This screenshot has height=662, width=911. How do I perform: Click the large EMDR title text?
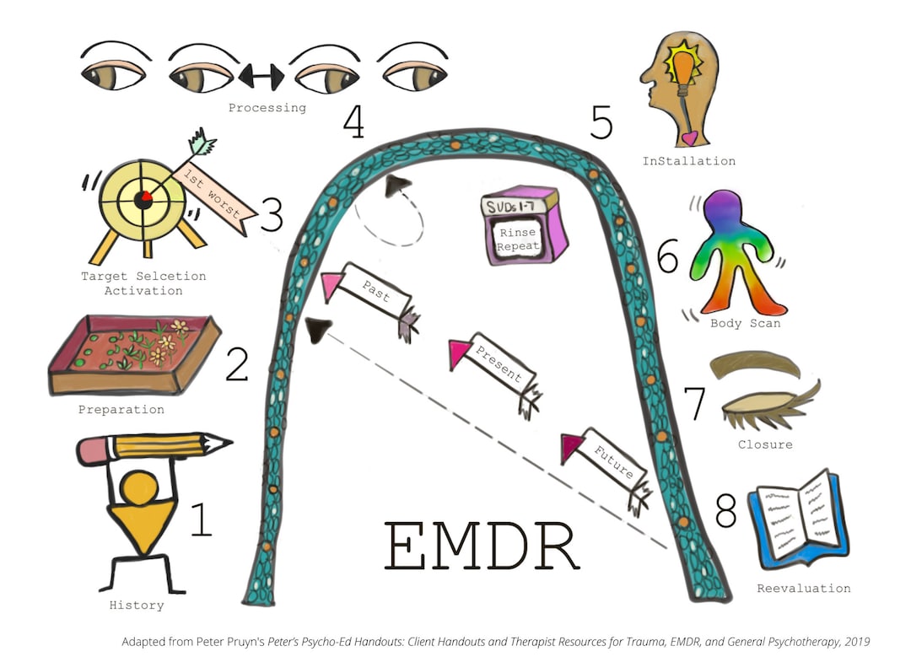click(482, 545)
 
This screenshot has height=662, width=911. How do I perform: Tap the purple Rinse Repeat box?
click(524, 225)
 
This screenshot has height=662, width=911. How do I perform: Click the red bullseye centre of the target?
click(144, 196)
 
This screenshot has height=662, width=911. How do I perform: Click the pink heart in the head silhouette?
click(689, 136)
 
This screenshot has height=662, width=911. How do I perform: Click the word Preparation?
click(121, 410)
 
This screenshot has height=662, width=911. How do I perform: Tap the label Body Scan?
click(746, 323)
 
